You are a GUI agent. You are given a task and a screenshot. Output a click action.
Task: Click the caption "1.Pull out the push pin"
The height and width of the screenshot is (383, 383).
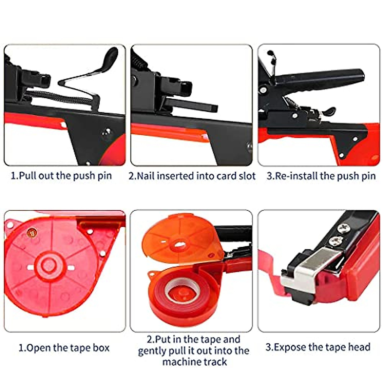click(x=61, y=176)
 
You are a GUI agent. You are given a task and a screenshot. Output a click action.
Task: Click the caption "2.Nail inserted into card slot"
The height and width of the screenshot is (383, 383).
click(x=192, y=176)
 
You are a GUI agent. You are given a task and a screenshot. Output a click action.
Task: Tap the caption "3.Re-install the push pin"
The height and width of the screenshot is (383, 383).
click(x=321, y=176)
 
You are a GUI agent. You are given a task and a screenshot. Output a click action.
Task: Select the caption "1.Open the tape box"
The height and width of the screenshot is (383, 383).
click(x=64, y=348)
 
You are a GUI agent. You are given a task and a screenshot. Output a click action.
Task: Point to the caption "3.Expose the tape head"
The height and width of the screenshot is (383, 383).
click(x=318, y=347)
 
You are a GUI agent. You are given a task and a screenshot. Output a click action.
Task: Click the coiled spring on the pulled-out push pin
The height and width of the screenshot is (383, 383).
click(x=57, y=96)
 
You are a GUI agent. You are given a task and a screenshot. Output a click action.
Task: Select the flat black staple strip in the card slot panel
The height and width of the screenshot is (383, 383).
click(x=191, y=106)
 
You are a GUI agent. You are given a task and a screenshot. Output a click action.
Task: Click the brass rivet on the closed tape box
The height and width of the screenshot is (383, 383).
click(x=32, y=233)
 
